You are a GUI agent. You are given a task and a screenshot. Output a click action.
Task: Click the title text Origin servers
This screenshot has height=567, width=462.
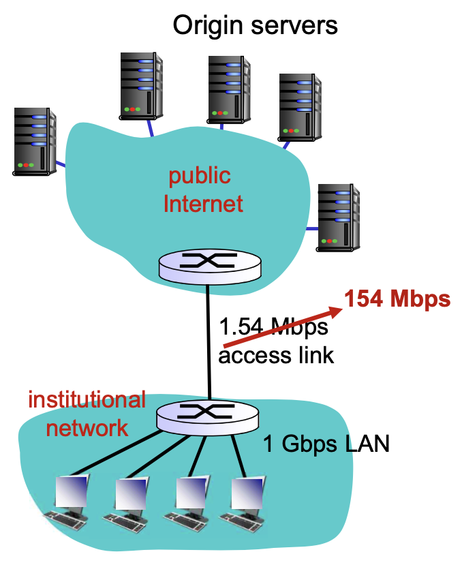coord(255,25)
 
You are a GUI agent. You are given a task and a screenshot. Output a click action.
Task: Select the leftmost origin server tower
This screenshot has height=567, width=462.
coord(35,141)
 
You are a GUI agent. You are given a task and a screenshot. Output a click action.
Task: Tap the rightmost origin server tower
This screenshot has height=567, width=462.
coord(339,217)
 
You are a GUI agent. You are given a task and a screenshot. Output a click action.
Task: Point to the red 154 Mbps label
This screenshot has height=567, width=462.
coord(397,298)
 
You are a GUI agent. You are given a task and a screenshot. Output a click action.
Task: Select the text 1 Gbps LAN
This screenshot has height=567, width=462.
coord(326,445)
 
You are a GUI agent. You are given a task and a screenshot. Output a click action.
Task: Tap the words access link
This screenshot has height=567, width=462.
coord(276,355)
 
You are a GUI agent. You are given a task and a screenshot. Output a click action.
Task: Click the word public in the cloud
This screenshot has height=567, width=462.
coord(200,176)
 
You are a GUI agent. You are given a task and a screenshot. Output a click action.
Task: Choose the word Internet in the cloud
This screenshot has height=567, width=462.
coord(203,203)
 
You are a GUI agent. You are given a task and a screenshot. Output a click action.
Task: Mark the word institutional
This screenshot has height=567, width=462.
coord(87,399)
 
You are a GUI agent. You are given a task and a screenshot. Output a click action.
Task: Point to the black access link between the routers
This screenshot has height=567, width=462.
coord(207,341)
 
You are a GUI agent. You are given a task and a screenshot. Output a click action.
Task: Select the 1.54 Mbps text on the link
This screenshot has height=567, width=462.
coord(273,327)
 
